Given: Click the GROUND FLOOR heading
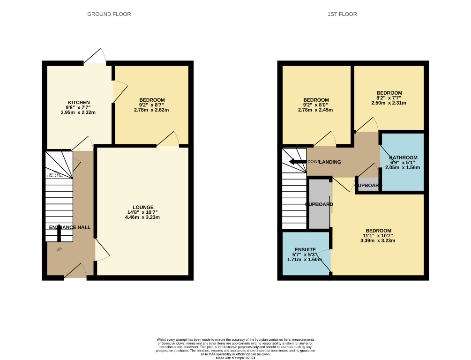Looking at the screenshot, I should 109,14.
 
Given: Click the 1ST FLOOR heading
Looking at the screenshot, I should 342,14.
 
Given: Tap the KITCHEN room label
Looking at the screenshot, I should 79,103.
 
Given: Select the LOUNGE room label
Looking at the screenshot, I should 143,207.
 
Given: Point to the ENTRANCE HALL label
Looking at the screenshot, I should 70,227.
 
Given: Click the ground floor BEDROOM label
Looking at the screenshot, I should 152,100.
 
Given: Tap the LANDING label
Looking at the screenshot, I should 330,162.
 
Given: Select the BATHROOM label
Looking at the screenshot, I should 403,157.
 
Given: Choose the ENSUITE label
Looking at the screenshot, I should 305,249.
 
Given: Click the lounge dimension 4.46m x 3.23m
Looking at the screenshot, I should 143,217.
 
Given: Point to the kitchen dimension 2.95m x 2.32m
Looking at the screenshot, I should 79,112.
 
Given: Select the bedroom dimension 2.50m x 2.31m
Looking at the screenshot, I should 389,103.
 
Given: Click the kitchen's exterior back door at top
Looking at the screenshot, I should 95,56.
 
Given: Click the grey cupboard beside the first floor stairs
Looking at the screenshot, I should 319,204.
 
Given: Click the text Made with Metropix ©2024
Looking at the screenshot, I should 235,358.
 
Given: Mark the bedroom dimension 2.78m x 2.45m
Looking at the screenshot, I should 315,110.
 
